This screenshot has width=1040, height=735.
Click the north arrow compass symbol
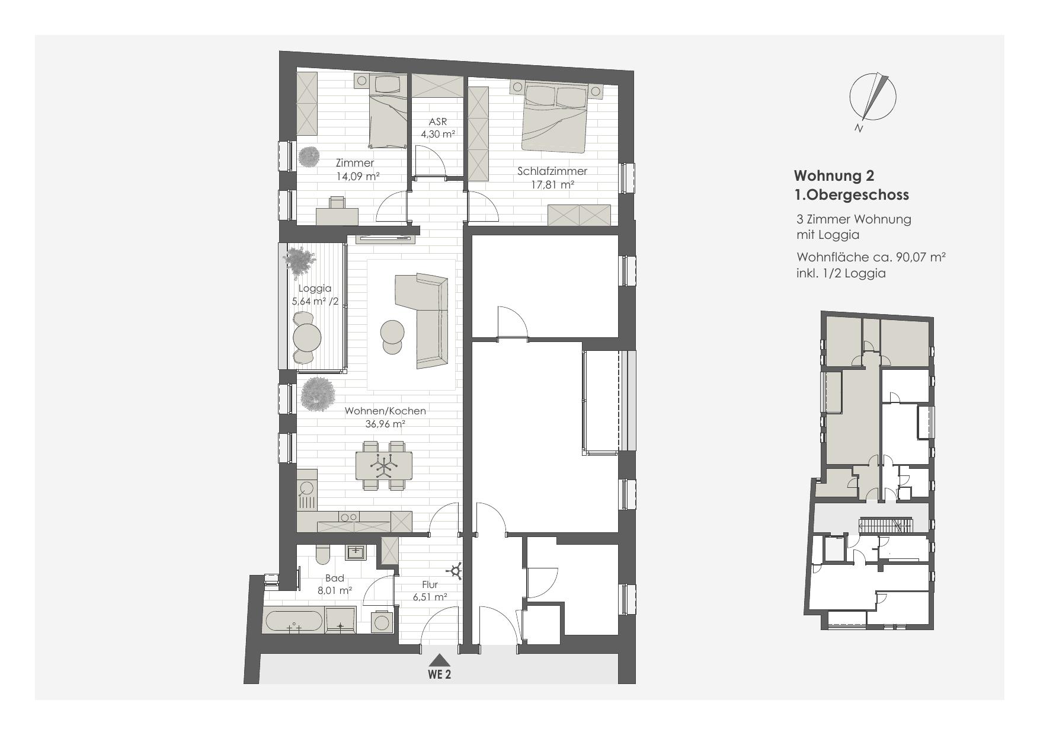point(872,97)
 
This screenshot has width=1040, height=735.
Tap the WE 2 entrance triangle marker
point(439,660)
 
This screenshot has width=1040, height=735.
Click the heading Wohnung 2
point(834,176)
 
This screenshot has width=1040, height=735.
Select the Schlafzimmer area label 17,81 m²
point(552,184)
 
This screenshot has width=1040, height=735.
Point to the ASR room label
point(437,122)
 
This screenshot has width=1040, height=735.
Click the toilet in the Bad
point(323,554)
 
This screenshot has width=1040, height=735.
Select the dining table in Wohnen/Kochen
point(383,466)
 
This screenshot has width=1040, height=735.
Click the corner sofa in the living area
point(425,319)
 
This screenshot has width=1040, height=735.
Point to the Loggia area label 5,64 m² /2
point(315,301)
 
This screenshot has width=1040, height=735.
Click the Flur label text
point(430,584)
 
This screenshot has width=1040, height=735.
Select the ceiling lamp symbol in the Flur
point(456,572)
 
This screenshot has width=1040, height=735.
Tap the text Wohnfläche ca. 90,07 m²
point(871,258)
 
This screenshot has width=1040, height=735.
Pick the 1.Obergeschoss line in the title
point(851,194)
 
